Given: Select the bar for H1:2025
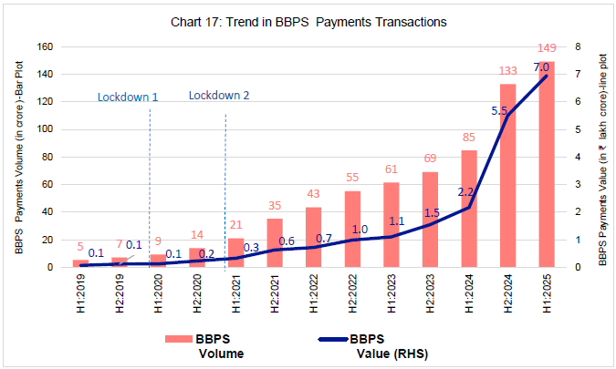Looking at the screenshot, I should [x=547, y=165].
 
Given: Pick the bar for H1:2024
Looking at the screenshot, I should [x=468, y=209].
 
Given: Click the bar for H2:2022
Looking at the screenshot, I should [x=352, y=229].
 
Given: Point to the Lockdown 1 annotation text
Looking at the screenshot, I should [x=128, y=97].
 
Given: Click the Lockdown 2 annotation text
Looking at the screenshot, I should [x=219, y=97].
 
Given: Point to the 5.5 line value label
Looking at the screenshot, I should [x=499, y=110].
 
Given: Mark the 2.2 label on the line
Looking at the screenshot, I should [x=463, y=191].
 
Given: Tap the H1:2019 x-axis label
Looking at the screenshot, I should [x=81, y=292].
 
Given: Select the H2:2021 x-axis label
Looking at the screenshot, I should [x=275, y=292].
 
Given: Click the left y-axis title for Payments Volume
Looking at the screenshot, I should [x=19, y=157].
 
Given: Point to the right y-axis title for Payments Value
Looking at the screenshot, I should [x=602, y=157].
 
